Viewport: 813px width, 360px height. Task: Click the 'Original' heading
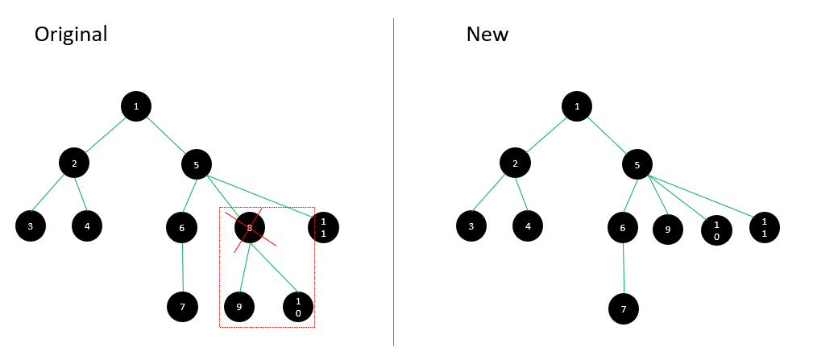click(x=71, y=34)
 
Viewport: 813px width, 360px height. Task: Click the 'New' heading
click(x=487, y=34)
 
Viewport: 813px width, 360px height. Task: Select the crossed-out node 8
click(x=250, y=227)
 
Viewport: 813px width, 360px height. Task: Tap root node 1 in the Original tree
click(x=136, y=106)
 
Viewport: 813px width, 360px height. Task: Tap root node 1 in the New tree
click(x=577, y=106)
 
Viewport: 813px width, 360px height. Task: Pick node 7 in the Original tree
click(x=183, y=307)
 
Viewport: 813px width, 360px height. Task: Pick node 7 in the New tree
click(x=624, y=309)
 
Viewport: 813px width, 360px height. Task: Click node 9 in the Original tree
click(x=239, y=307)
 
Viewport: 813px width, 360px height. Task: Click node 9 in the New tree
click(x=668, y=229)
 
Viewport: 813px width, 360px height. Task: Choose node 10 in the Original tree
click(x=298, y=307)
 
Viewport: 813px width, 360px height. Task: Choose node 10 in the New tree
click(x=716, y=230)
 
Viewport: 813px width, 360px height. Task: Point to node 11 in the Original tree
click(x=324, y=227)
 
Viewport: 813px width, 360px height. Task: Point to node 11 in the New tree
click(x=765, y=227)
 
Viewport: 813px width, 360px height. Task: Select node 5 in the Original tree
click(x=197, y=165)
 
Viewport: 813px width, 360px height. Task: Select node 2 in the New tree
click(x=516, y=163)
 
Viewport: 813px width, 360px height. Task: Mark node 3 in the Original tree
click(x=31, y=226)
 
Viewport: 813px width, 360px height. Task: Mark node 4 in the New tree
click(x=528, y=226)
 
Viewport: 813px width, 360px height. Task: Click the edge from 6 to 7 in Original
click(x=183, y=267)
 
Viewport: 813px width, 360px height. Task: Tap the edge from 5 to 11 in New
click(x=700, y=197)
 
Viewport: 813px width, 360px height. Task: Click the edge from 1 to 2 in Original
click(x=106, y=135)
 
